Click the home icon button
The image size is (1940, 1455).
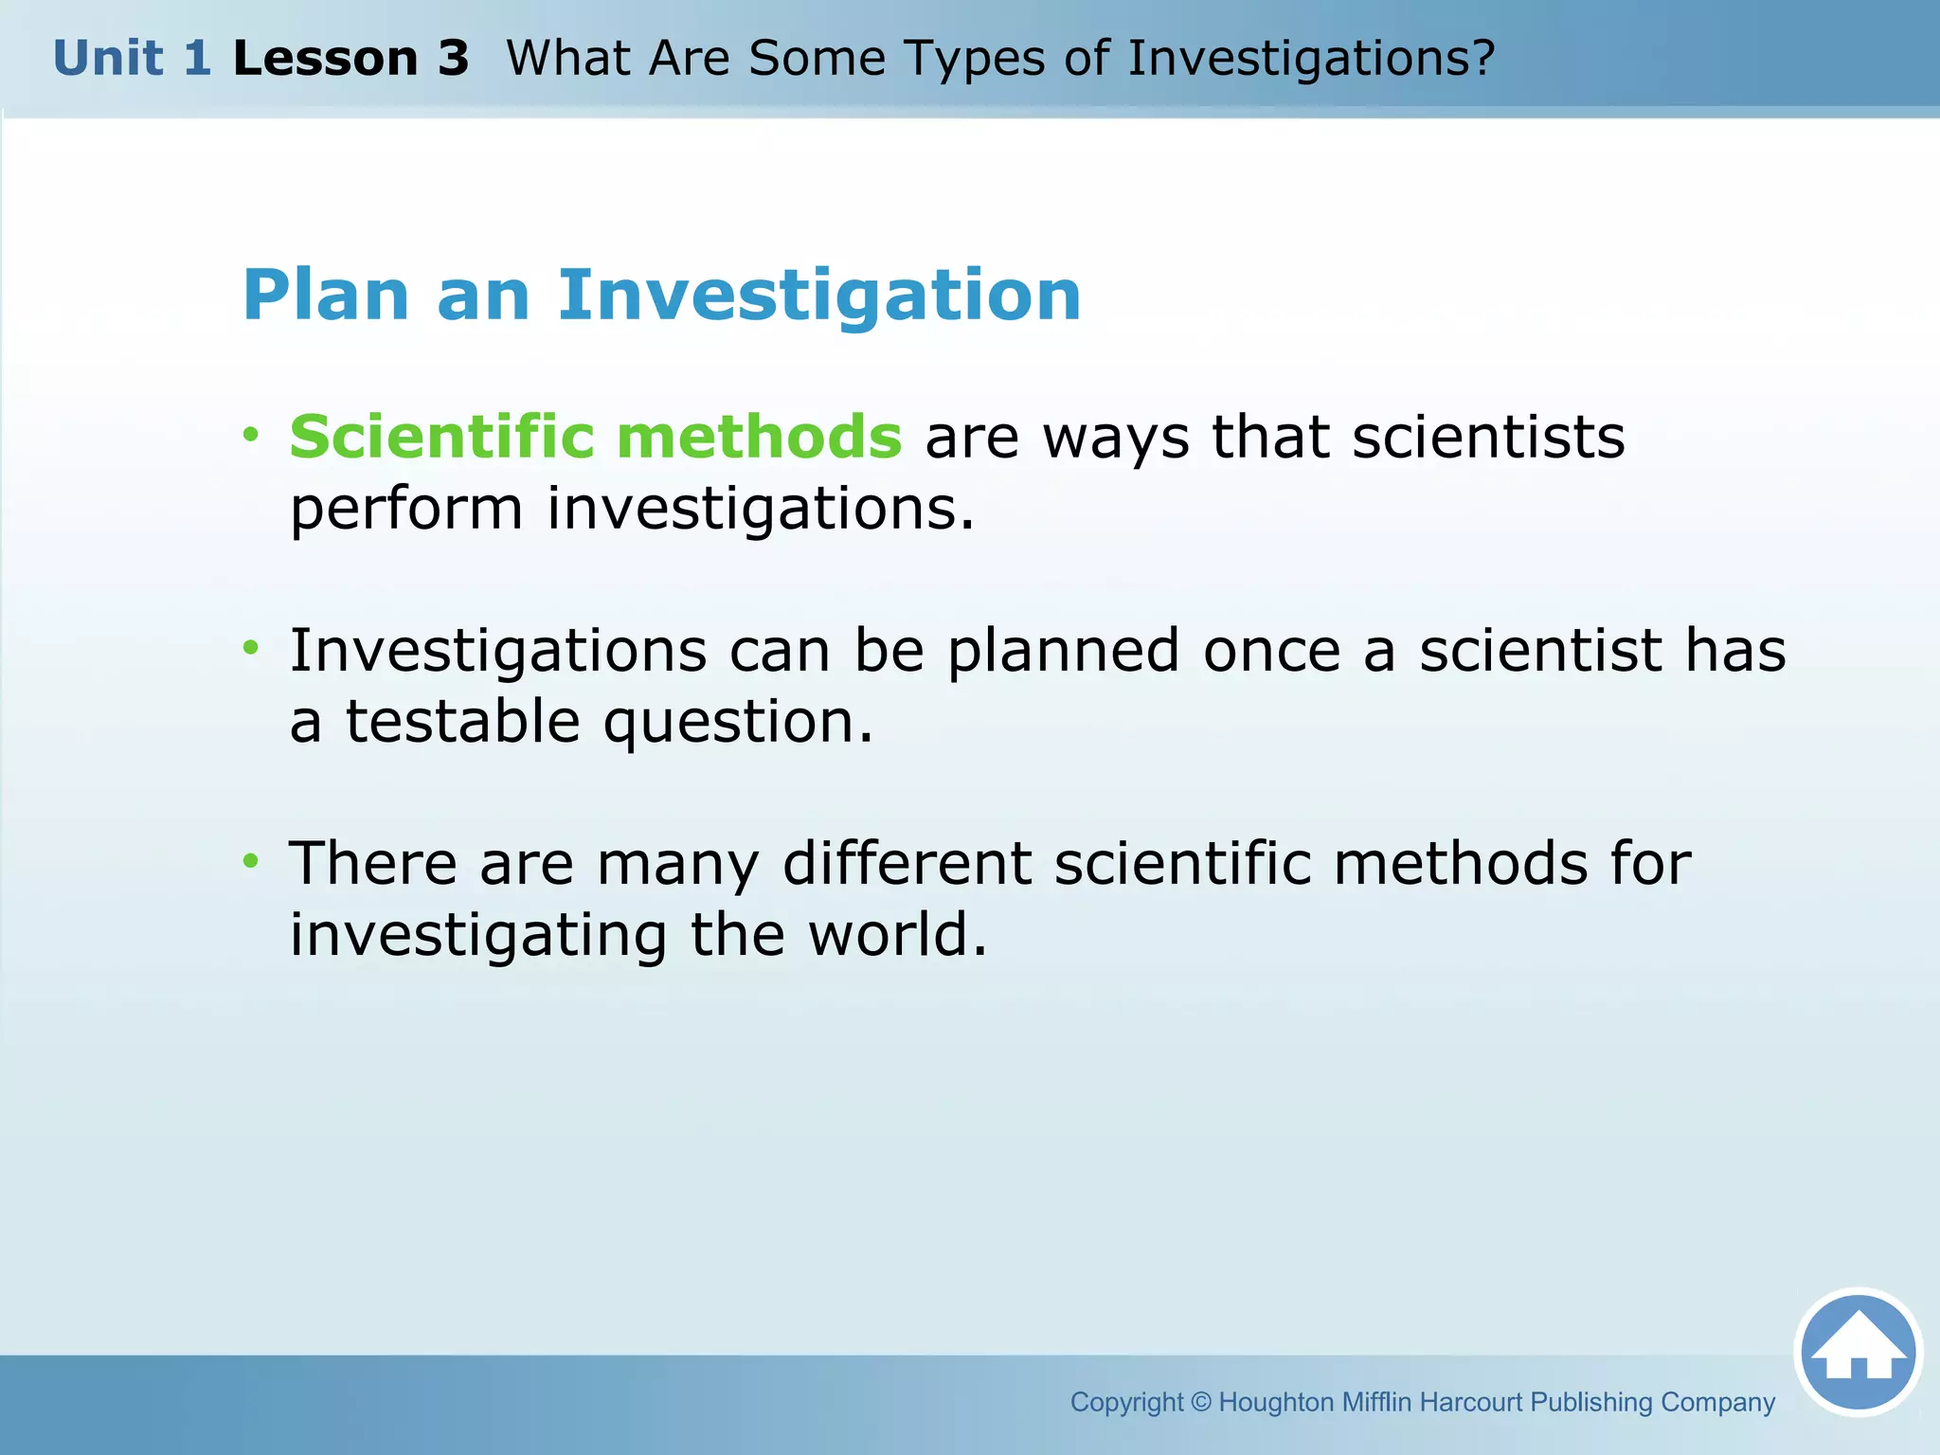click(x=1858, y=1352)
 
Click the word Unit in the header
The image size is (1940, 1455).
click(x=108, y=59)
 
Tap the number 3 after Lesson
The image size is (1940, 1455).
click(x=453, y=59)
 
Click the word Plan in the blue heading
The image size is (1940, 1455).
click(x=326, y=296)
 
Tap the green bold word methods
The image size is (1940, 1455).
click(x=759, y=437)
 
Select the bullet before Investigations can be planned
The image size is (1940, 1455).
click(x=250, y=649)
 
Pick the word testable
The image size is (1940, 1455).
click(x=462, y=723)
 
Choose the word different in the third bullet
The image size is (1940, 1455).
click(x=907, y=864)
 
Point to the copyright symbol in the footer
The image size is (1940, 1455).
click(x=1200, y=1402)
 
